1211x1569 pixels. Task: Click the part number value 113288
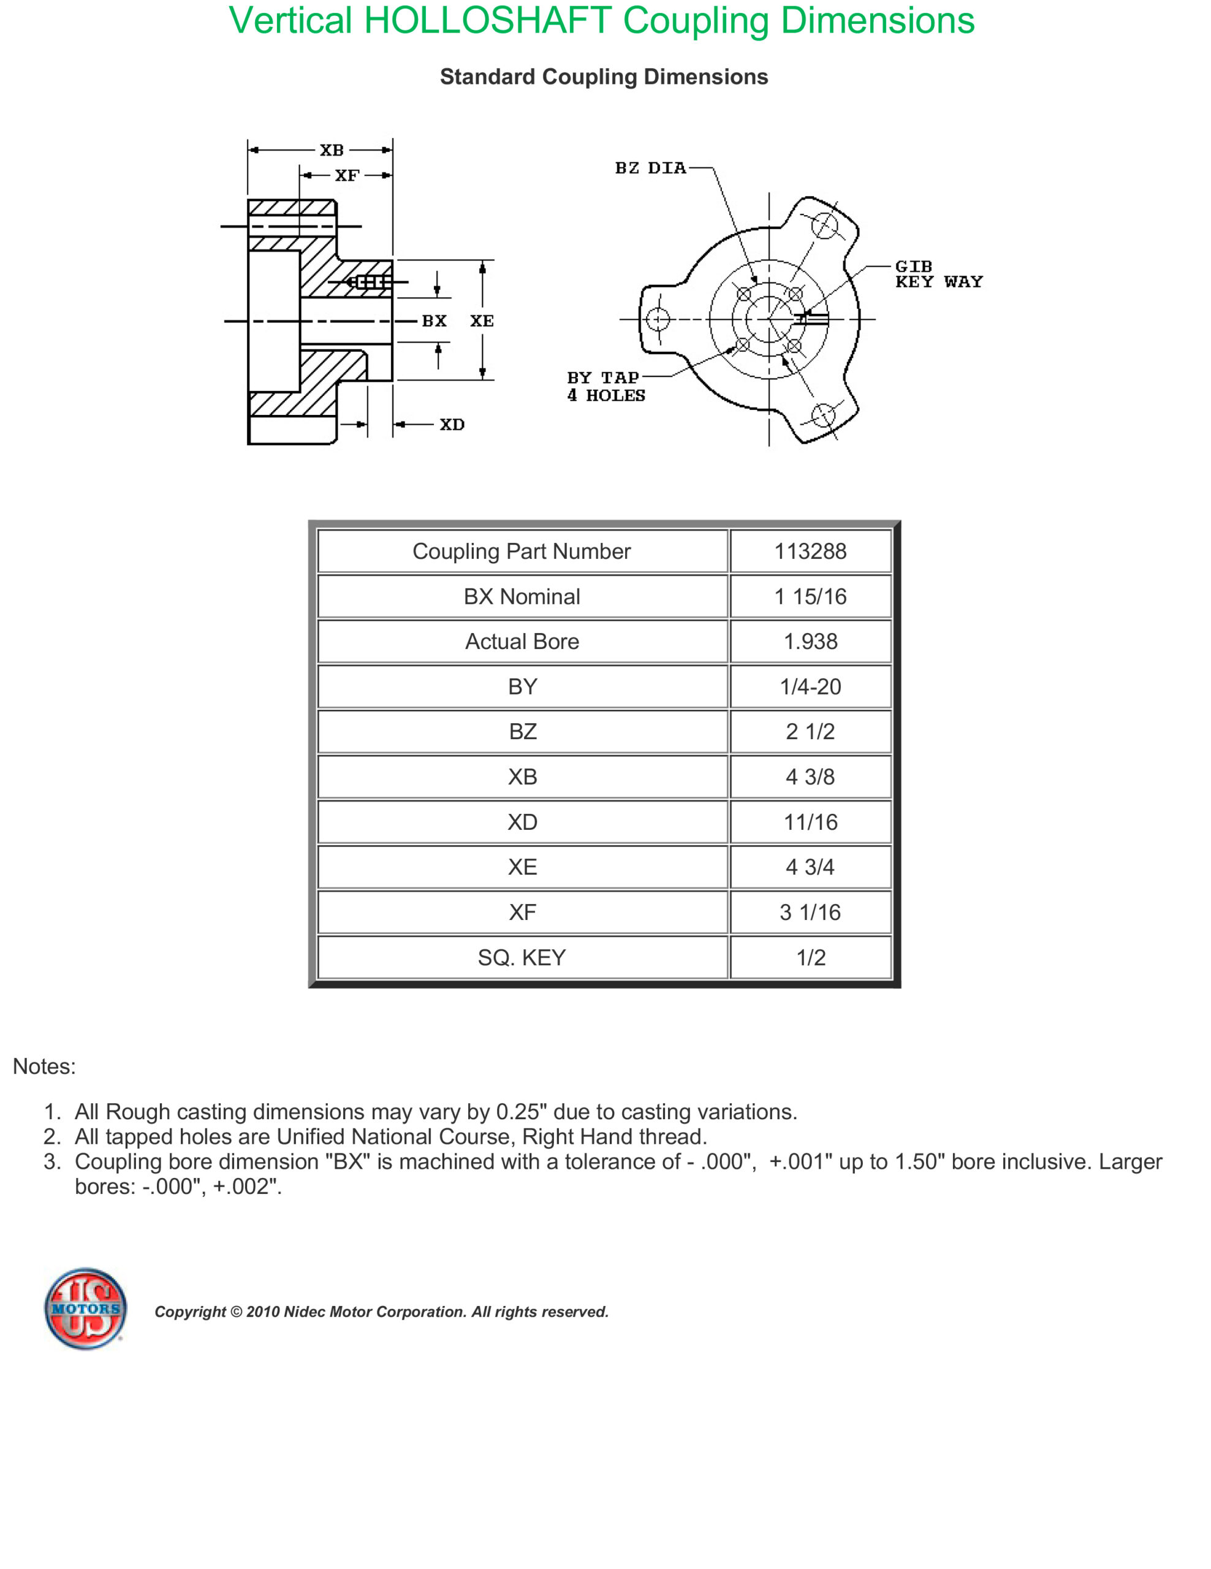(x=810, y=551)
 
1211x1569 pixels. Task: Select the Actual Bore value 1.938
(x=810, y=642)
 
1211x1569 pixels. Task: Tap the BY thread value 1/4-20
(x=810, y=687)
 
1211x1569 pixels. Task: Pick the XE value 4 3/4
(x=810, y=867)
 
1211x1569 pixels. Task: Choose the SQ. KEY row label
(x=522, y=957)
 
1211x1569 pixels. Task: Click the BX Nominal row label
(x=522, y=596)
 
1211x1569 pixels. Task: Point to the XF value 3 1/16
(x=810, y=913)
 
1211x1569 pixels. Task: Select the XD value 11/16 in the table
(x=810, y=822)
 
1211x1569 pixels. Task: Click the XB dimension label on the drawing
(x=332, y=150)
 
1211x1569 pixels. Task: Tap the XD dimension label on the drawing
(x=452, y=425)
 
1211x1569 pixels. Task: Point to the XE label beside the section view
(x=481, y=321)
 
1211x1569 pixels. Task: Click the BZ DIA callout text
(x=650, y=168)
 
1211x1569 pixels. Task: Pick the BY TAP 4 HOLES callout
(x=605, y=387)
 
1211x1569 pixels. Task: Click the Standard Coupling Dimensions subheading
(x=603, y=77)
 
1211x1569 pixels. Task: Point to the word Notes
(x=44, y=1066)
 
